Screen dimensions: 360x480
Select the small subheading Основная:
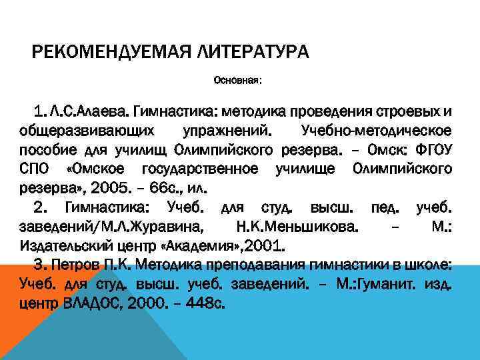coord(237,81)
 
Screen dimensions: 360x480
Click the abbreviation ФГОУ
coord(434,147)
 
